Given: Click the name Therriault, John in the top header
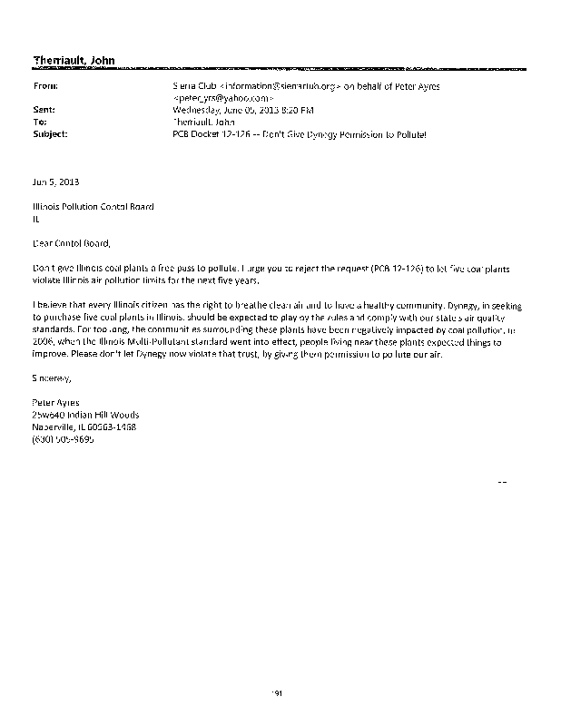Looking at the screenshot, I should (74, 60).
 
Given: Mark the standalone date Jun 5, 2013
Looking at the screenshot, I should (55, 181).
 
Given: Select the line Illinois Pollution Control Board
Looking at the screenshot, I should (93, 206).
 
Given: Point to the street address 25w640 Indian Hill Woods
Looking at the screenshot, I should (85, 414).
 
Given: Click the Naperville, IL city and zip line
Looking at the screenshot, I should (84, 426).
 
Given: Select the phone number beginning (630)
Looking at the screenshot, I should (63, 438).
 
